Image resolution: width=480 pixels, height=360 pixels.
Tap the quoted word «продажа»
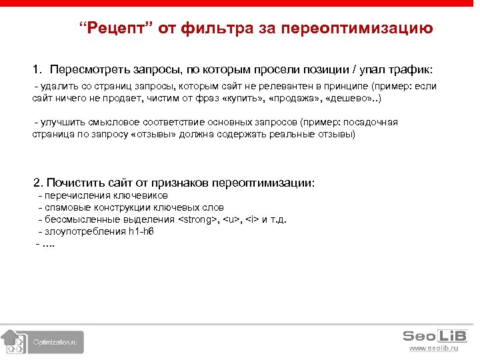coord(295,98)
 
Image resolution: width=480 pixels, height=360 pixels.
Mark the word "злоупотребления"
coord(85,231)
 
